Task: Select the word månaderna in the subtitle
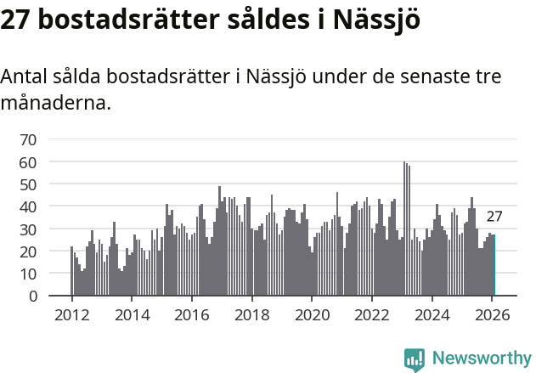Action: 55,105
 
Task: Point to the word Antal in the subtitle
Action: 25,77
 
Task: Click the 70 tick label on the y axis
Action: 28,139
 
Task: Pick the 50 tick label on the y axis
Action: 28,184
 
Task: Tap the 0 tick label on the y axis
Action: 33,297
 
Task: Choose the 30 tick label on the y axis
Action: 28,229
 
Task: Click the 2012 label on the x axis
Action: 71,314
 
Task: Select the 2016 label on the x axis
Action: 191,314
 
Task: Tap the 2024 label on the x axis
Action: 432,314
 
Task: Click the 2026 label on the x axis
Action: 492,314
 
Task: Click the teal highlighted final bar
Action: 494,266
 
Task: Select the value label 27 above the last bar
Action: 494,217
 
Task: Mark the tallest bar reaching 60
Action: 404,229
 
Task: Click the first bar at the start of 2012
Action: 71,271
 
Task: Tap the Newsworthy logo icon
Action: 415,359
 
